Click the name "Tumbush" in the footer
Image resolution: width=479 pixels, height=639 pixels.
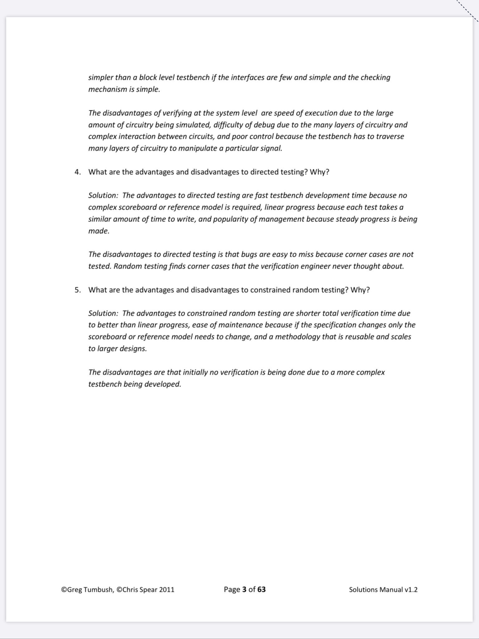(x=98, y=590)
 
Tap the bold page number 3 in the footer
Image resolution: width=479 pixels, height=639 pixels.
(x=244, y=589)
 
